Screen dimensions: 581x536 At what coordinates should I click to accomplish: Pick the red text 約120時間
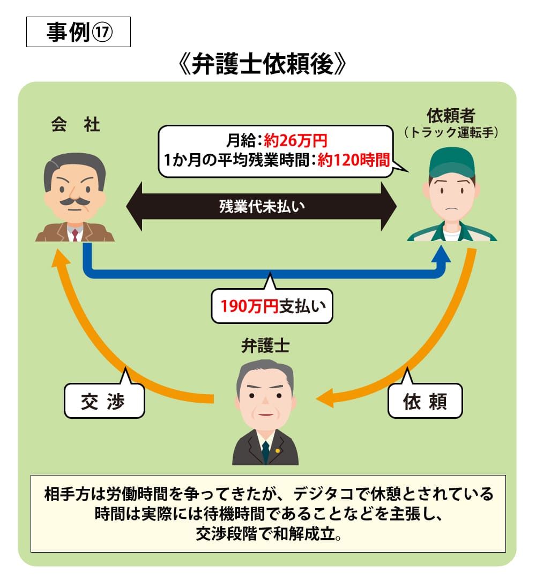353,160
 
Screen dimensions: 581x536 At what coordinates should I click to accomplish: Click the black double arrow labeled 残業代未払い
262,207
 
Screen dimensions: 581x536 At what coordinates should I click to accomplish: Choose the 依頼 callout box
425,401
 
